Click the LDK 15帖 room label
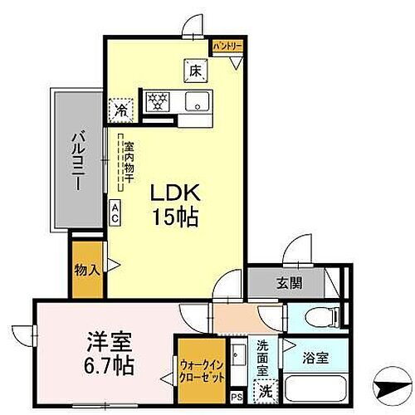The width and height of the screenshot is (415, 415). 173,203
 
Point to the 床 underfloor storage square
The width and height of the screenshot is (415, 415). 197,71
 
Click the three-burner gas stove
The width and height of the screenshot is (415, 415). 157,103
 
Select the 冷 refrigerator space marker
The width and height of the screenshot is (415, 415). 121,109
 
